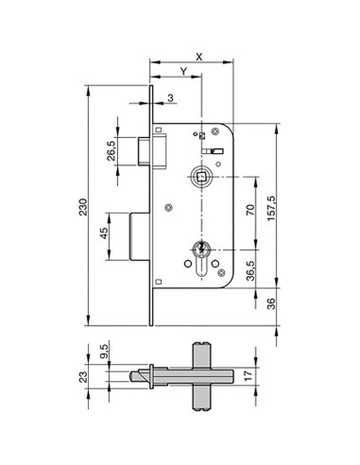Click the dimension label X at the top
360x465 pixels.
(x=198, y=56)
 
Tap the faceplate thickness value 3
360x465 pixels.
(x=169, y=97)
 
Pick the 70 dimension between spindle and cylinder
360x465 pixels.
(x=251, y=211)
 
